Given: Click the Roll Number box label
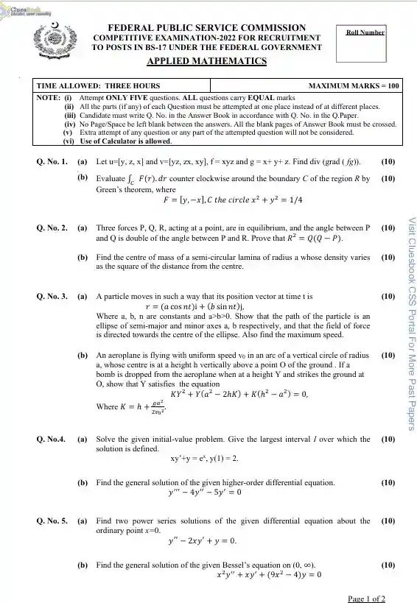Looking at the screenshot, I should coord(365,32).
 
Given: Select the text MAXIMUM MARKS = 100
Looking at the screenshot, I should coord(354,85).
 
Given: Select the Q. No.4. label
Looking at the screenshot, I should coord(52,440).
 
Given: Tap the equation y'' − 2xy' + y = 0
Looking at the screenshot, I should coord(203,541).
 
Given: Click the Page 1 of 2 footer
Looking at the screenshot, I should coord(366,598).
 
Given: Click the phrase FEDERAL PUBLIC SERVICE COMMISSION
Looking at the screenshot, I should coord(206,27).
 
